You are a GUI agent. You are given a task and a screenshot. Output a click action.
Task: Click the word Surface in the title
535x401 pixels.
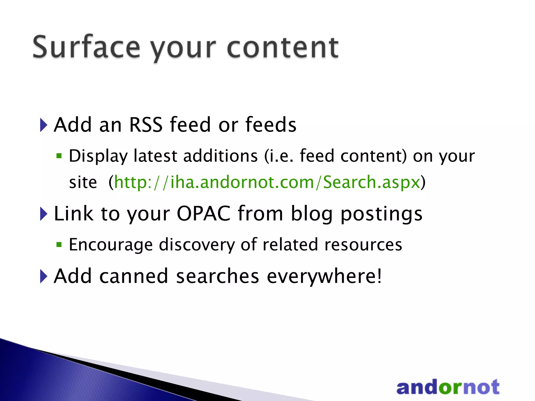click(x=86, y=47)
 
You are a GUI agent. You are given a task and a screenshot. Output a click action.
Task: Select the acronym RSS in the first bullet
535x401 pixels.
click(x=146, y=125)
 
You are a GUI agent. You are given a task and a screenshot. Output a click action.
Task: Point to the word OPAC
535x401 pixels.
click(x=203, y=214)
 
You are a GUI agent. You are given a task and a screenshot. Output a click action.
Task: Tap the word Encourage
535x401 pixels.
click(x=111, y=245)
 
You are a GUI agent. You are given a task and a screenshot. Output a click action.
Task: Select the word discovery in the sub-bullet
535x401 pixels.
click(x=197, y=245)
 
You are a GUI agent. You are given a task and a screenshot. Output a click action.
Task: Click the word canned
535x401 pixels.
click(x=133, y=276)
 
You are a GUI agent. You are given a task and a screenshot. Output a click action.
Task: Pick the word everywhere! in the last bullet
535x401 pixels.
click(x=324, y=276)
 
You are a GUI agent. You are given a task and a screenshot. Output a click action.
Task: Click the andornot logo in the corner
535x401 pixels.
click(x=448, y=387)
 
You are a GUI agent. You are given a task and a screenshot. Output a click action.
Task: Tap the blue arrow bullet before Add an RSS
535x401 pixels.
click(x=43, y=125)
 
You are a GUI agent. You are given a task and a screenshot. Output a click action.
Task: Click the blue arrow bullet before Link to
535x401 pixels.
click(x=43, y=214)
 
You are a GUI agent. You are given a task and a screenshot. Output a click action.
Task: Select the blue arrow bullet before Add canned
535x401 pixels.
click(x=43, y=276)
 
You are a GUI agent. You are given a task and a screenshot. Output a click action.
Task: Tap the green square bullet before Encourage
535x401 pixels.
click(x=59, y=245)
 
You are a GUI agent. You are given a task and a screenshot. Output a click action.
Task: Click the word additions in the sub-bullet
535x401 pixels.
click(x=220, y=156)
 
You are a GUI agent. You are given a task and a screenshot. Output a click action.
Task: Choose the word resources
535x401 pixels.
click(x=363, y=245)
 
